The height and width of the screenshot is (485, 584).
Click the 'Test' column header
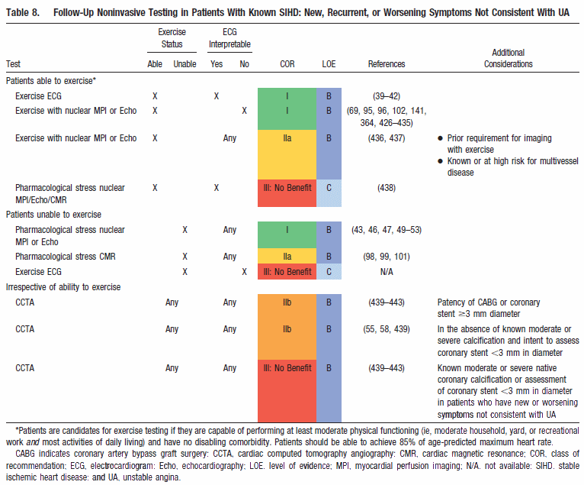[13, 64]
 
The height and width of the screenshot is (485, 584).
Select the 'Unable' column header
[185, 64]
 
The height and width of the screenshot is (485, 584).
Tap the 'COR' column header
[287, 64]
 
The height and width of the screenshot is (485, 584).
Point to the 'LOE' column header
[329, 64]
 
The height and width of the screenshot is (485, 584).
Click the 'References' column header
[387, 64]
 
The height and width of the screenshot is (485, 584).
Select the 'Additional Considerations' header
[509, 58]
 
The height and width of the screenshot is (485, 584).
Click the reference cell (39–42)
[387, 96]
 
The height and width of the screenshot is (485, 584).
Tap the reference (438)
[387, 188]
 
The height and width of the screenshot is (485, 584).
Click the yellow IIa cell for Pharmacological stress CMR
[287, 257]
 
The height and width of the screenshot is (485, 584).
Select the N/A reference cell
[387, 272]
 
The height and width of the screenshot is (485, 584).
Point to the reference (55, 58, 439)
[387, 329]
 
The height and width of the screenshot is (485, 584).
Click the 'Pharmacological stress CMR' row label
[66, 257]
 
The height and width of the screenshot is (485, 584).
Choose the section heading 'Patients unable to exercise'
[53, 215]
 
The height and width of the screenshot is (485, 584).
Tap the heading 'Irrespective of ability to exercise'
[63, 287]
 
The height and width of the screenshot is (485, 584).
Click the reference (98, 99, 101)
[387, 257]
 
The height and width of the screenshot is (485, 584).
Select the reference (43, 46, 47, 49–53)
[387, 230]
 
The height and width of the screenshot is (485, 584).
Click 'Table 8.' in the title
[23, 12]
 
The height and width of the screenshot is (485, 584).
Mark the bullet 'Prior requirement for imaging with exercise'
[495, 144]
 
